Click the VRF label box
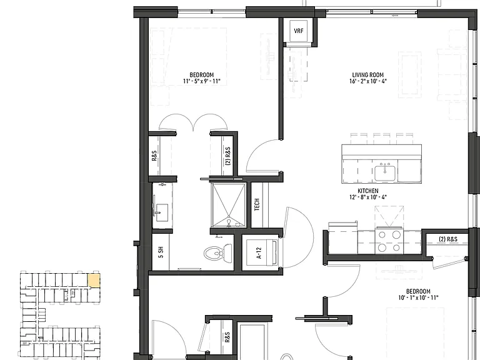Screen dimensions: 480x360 299,31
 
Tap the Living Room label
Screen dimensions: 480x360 367,75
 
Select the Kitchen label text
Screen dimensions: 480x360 367,191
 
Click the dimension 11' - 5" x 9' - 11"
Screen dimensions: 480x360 201,81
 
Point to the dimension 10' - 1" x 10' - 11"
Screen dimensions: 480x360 418,297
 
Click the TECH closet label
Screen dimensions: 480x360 257,204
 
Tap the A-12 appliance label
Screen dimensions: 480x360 259,253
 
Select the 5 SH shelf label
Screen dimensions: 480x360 161,252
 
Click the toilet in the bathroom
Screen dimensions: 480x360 218,253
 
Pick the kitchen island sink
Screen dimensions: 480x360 386,173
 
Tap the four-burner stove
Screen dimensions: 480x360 389,241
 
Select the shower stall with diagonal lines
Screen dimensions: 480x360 229,206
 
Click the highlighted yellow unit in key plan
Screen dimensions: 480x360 94,281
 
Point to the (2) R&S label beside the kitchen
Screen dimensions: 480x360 448,239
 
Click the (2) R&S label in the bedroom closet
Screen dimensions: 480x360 227,156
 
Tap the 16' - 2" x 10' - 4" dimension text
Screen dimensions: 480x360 368,81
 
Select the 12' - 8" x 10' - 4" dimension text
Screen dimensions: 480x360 368,197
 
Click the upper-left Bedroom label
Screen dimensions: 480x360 201,75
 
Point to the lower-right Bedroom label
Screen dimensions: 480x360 418,291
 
